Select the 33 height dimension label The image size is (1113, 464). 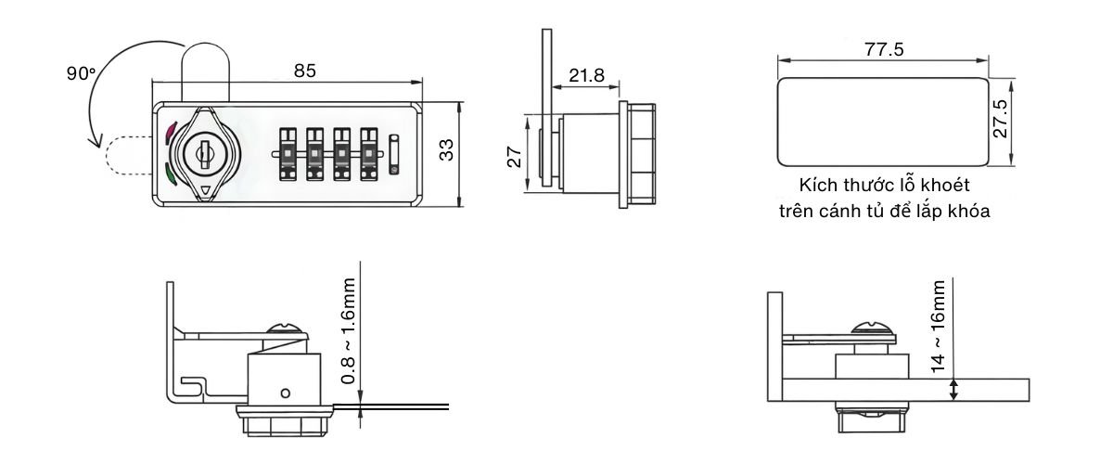(x=446, y=150)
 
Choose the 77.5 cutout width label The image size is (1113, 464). (x=883, y=50)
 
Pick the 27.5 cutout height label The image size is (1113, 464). (x=1001, y=119)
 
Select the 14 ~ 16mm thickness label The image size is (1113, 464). (x=939, y=326)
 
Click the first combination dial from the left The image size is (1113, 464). (x=288, y=152)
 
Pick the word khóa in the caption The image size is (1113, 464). (x=970, y=211)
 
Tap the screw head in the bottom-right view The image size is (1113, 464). (x=874, y=329)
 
